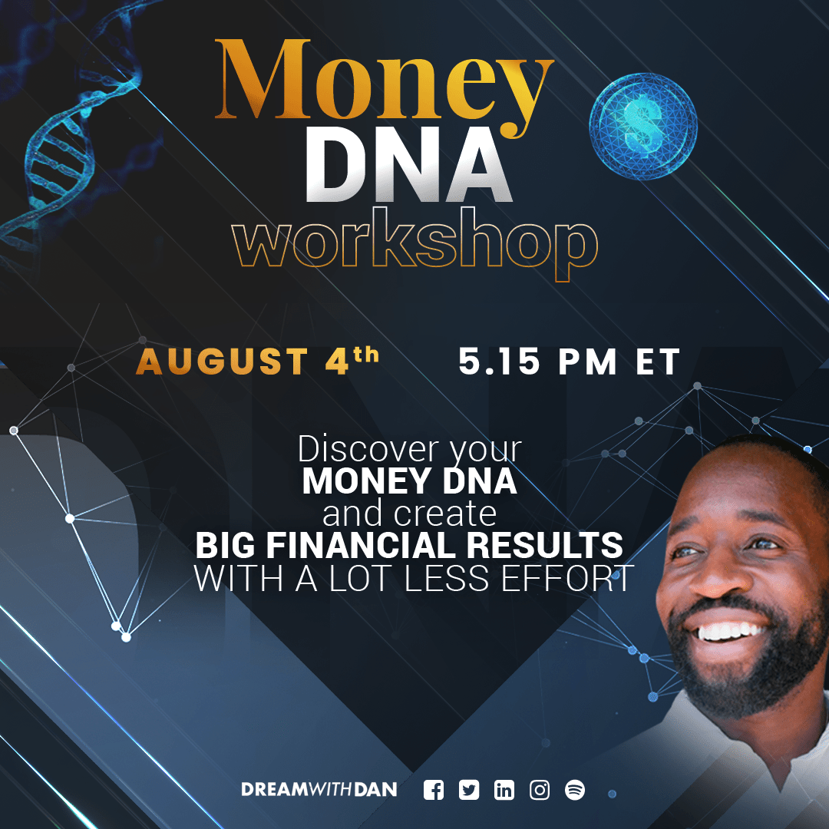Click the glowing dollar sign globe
click(643, 127)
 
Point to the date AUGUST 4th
click(257, 361)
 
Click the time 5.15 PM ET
click(569, 362)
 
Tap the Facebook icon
click(434, 791)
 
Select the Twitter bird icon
click(468, 791)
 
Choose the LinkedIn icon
click(504, 791)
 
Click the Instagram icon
click(540, 791)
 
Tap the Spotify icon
click(575, 791)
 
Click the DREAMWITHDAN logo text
click(319, 790)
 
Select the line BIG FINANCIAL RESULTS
click(409, 545)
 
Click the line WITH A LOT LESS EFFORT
click(414, 578)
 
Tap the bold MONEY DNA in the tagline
click(409, 481)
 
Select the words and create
click(409, 514)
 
